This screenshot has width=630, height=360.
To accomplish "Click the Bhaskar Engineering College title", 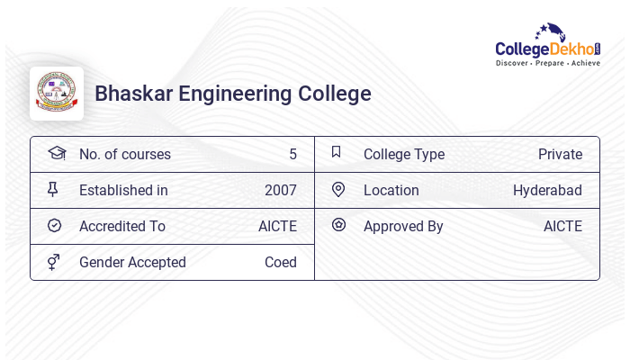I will coord(232,94).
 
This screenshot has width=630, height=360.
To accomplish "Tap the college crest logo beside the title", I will coord(57,94).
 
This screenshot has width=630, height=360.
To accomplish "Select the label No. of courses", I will coord(124,155).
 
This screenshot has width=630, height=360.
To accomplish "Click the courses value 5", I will coord(292,155).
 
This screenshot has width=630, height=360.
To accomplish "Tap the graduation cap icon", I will coord(57,153).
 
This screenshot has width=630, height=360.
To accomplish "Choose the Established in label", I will coord(123,191).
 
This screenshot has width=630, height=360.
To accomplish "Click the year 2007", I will coord(280,191).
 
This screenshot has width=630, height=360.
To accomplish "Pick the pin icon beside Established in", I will coord(53,189).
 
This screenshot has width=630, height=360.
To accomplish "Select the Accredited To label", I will coord(121,227).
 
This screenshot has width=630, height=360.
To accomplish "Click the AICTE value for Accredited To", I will coord(277,227).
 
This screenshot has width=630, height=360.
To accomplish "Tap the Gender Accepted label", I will coord(132,263).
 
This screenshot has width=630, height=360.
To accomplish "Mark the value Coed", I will coord(280,263).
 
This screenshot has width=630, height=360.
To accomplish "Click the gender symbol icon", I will coord(54,262).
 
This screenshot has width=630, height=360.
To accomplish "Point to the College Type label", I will coord(403,155).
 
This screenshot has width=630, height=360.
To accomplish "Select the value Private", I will coord(560,155).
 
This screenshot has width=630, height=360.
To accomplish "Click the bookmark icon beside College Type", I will coord(336,152).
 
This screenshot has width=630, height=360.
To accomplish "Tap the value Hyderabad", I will coord(547,191).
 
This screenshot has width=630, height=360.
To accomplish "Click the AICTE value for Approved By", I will coord(562,227).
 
